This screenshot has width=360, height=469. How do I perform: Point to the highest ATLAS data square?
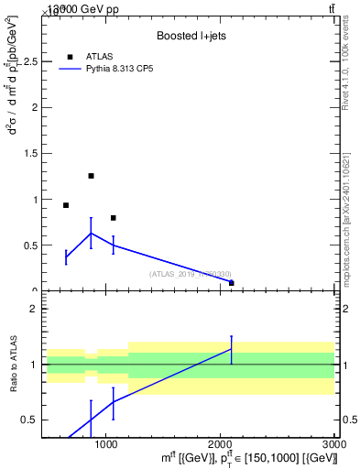click(91, 176)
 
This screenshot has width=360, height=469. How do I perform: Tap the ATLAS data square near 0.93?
click(66, 205)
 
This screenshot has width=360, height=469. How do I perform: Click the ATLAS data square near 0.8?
click(113, 218)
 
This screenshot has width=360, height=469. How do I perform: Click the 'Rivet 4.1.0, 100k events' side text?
click(345, 69)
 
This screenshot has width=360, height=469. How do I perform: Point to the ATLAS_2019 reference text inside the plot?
click(190, 274)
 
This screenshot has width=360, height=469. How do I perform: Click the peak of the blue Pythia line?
click(91, 233)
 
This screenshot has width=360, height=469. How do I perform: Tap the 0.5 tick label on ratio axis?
click(30, 420)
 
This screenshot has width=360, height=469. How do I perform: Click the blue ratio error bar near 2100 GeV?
click(232, 349)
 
